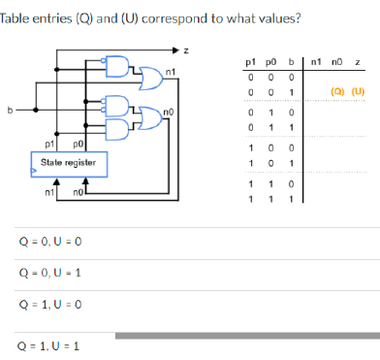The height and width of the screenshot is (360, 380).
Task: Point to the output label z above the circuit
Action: (186, 49)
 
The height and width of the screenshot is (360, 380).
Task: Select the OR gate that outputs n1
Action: (147, 71)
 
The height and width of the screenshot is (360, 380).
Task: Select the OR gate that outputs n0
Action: (148, 115)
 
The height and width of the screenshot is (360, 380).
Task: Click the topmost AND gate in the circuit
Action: (121, 64)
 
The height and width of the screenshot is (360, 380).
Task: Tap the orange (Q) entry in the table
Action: (337, 93)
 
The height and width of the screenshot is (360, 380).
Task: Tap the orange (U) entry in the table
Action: (359, 93)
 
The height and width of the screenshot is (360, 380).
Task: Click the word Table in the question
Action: (13, 17)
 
